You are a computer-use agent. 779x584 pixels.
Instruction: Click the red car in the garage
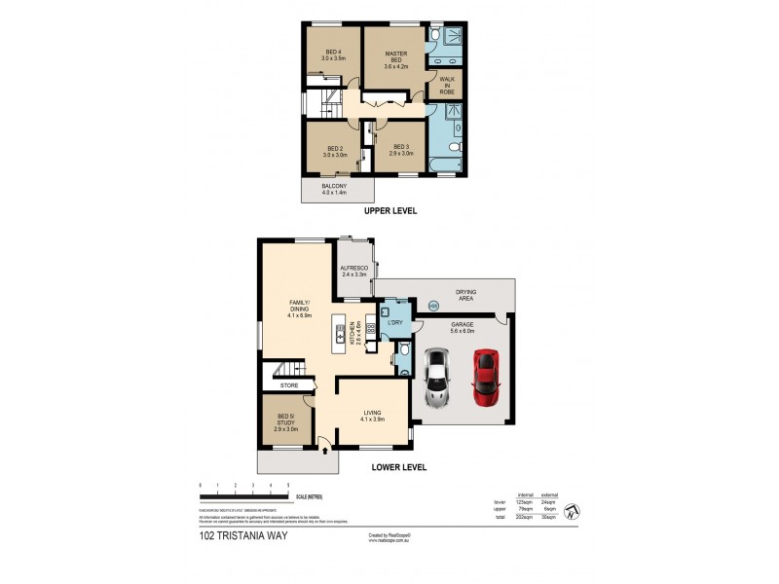(x=484, y=378)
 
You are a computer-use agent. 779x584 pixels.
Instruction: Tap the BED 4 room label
(x=334, y=55)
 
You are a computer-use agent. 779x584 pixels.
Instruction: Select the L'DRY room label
(x=395, y=322)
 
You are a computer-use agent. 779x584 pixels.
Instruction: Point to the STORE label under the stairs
(x=288, y=386)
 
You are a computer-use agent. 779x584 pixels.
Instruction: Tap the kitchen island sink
(x=342, y=332)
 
